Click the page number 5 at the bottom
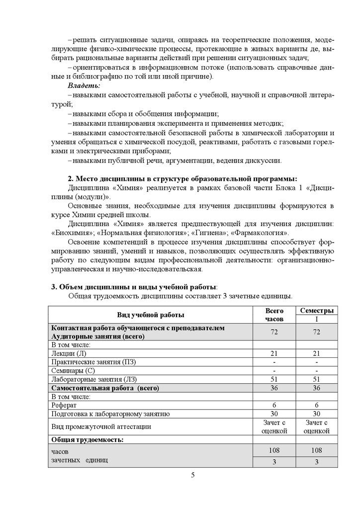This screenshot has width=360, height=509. click(x=193, y=475)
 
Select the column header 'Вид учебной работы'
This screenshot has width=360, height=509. click(x=150, y=315)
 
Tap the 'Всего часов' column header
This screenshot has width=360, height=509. click(x=274, y=315)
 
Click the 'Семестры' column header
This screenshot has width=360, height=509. click(x=316, y=311)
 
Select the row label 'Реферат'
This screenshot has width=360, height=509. click(x=65, y=405)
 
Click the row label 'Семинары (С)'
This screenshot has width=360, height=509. click(x=73, y=370)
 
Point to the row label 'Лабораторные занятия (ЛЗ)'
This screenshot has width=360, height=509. click(x=93, y=379)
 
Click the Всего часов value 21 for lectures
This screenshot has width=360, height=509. click(x=274, y=353)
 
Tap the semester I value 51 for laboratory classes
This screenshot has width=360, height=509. click(x=316, y=379)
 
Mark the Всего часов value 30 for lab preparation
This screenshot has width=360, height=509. click(x=274, y=414)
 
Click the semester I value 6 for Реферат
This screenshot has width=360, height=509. click(x=316, y=405)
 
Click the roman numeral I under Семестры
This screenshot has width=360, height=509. click(x=316, y=319)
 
